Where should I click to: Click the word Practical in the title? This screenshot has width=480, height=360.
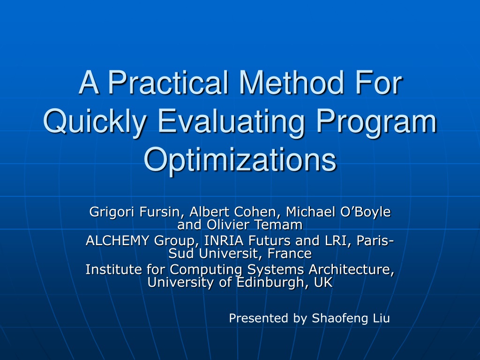coord(169,82)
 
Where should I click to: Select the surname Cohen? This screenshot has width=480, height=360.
coord(257,212)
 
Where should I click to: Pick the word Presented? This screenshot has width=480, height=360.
coord(258,318)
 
